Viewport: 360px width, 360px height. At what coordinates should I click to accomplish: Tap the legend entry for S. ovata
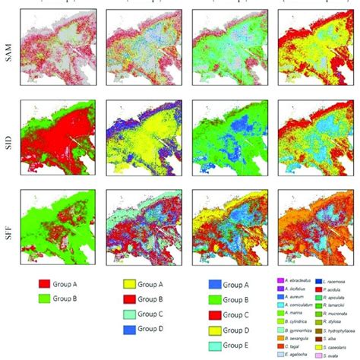coord(331,354)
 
